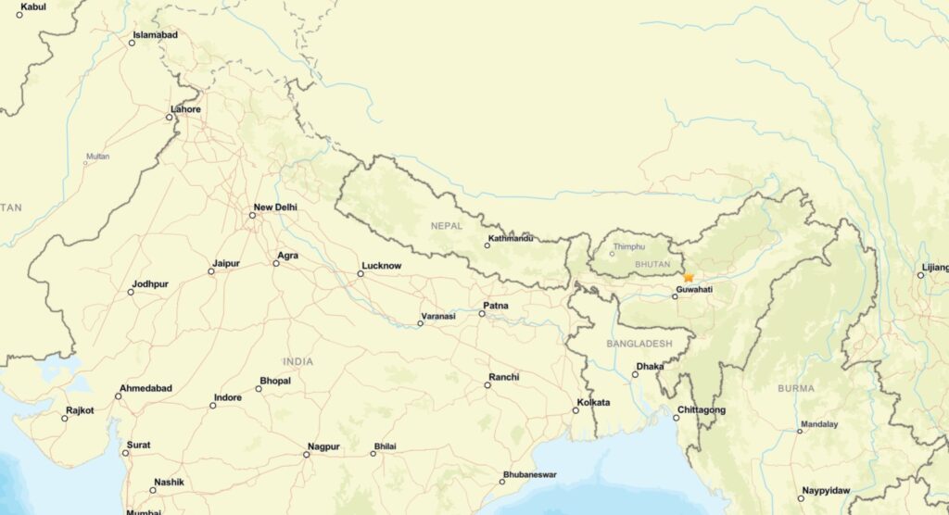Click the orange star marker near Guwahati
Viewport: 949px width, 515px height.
click(688, 277)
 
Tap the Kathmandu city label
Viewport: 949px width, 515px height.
click(512, 239)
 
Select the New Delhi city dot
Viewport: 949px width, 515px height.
click(252, 216)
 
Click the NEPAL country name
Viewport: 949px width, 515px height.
click(446, 225)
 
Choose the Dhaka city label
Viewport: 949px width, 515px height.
click(651, 366)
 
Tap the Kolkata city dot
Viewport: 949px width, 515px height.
click(576, 410)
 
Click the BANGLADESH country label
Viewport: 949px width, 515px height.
click(639, 344)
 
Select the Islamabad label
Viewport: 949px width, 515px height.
click(155, 35)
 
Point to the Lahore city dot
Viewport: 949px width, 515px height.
click(171, 118)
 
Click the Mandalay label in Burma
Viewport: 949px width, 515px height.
click(819, 424)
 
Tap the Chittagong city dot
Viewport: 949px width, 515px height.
click(677, 418)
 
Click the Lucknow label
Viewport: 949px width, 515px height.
click(382, 266)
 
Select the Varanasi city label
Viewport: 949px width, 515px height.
click(438, 316)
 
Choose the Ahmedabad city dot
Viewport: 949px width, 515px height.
click(118, 396)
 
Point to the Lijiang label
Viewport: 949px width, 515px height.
click(935, 267)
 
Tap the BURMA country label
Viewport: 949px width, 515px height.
click(796, 388)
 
